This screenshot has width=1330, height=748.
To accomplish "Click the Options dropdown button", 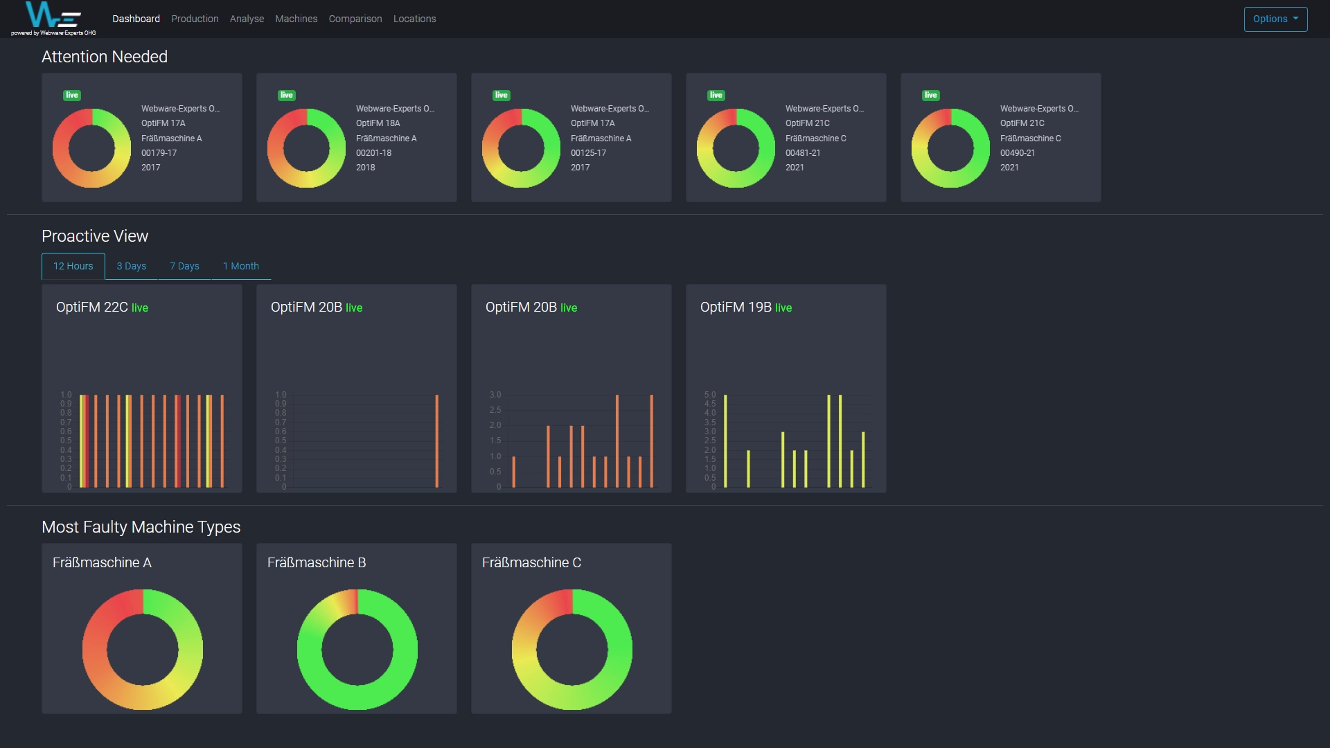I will tap(1275, 19).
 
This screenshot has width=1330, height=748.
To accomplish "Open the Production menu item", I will tap(195, 19).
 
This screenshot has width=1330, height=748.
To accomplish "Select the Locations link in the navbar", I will tap(414, 19).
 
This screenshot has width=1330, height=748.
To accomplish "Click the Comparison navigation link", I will tap(355, 19).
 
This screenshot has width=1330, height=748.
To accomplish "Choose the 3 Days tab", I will tap(131, 266).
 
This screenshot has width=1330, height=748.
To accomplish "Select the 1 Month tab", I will tap(240, 266).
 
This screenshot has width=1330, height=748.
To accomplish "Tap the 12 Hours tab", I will tap(73, 266).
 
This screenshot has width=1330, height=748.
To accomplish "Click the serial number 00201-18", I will tap(373, 153).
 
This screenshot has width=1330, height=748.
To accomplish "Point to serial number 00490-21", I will tap(1017, 153).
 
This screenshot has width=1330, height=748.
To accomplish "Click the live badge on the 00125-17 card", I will tap(502, 95).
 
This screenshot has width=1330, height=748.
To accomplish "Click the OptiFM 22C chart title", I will tap(91, 307).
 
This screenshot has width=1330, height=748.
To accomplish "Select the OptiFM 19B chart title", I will tap(735, 307).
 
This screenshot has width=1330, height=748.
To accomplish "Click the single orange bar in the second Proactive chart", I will tap(436, 440).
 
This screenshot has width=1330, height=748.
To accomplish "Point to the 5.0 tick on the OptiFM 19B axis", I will tap(709, 395).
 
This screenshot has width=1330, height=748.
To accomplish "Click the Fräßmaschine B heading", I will tap(317, 562).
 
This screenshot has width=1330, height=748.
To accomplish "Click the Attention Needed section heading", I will tap(105, 57).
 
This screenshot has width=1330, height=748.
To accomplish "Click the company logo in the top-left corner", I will tap(53, 17).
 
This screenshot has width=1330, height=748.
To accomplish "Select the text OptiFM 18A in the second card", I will tap(378, 123).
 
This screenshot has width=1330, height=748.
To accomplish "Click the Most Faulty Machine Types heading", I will tap(141, 527).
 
